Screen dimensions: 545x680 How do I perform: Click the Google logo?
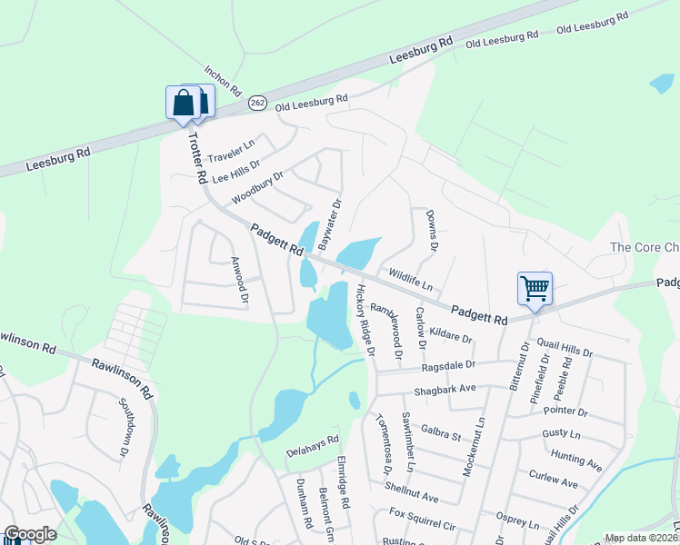tap(30, 534)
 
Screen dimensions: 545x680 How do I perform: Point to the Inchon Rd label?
tap(222, 81)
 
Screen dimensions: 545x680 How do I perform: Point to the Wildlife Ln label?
tap(410, 275)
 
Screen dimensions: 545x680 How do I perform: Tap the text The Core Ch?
tap(645, 248)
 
